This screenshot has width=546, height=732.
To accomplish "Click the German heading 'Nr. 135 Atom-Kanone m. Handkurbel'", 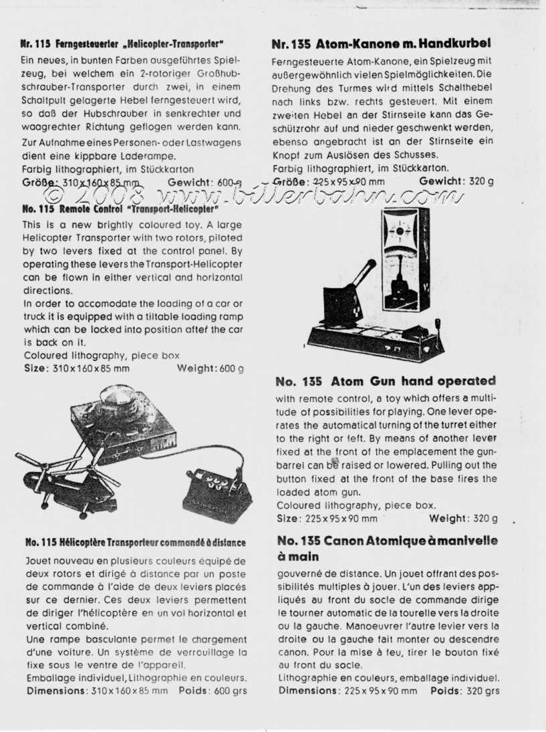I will tap(382, 45).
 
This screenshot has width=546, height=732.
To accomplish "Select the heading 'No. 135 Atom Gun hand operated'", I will tap(386, 381).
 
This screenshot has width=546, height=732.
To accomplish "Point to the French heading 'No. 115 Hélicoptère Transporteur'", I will tap(135, 542).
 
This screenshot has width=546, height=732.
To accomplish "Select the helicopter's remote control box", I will tap(218, 492).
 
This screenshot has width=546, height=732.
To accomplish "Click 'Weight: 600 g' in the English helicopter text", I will tap(210, 368).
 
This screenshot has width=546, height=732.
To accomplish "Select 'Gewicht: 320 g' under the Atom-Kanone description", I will tap(456, 181).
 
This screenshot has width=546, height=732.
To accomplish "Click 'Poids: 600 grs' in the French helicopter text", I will tap(213, 691).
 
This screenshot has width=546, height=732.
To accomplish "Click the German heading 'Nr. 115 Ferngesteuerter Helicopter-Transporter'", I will tap(122, 44).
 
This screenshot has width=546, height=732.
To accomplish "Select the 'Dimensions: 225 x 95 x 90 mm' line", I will tap(347, 691).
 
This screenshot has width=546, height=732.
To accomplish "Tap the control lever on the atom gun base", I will tap(440, 327).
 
